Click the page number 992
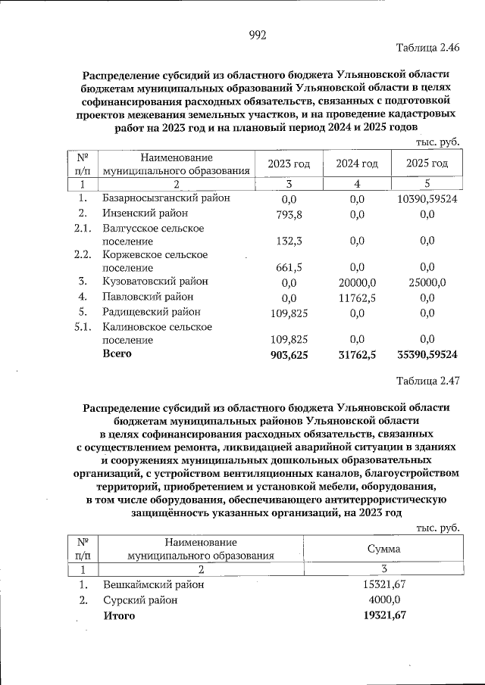pos(258,34)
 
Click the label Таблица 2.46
pos(428,48)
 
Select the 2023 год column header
pos(289,164)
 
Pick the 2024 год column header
pos(357,164)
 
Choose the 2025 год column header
pos(426,164)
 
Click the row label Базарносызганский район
pos(166,198)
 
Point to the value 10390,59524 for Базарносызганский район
pos(426,199)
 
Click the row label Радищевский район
pos(152,312)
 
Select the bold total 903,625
pos(288,354)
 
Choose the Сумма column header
pos(383,549)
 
